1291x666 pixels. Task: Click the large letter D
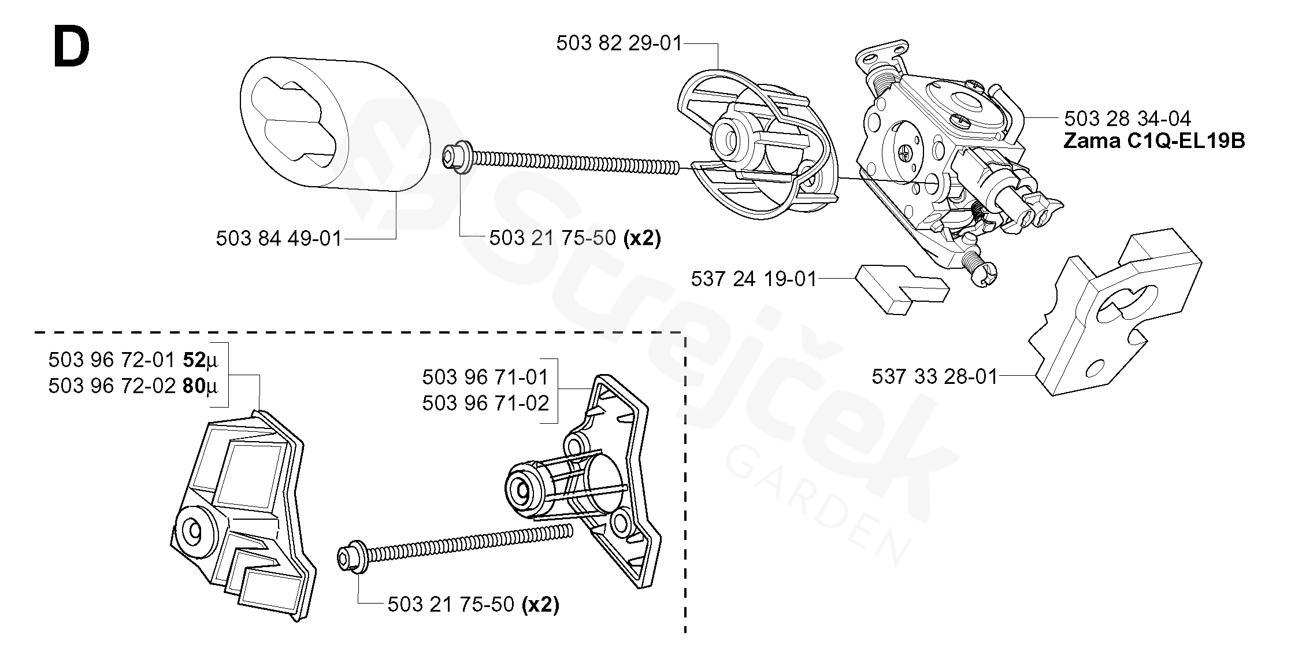(71, 49)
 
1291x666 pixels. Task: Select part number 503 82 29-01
(619, 43)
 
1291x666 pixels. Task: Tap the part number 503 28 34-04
(1127, 119)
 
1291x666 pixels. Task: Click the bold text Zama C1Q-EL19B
(1153, 141)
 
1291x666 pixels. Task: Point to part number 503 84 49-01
(279, 238)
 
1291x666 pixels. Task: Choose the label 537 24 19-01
(754, 279)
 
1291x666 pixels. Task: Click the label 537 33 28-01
(934, 376)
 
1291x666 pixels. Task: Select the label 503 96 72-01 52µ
(133, 360)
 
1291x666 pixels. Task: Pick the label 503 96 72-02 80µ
(133, 386)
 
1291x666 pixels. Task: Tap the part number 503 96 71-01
(485, 377)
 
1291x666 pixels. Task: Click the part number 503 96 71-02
(485, 403)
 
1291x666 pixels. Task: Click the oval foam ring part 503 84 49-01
(335, 124)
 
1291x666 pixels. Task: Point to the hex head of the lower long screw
(349, 556)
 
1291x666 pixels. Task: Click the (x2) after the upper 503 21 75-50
(642, 238)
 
